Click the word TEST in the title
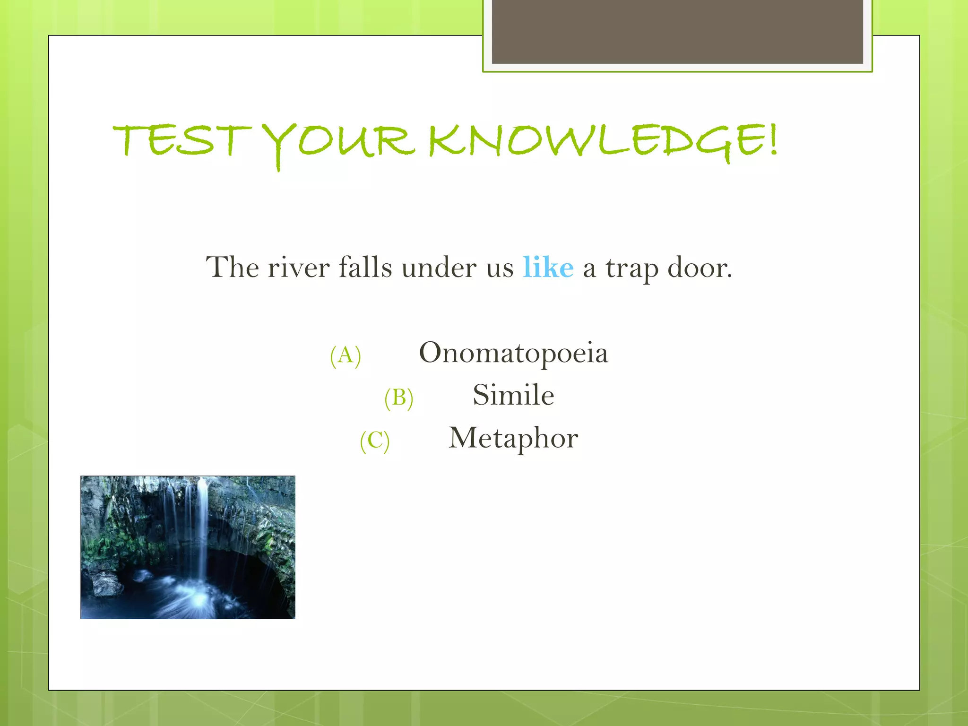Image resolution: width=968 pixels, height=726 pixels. tap(182, 140)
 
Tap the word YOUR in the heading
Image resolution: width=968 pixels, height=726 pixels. tap(338, 142)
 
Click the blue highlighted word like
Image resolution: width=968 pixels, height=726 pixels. tap(548, 268)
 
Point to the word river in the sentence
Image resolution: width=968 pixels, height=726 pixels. tap(298, 268)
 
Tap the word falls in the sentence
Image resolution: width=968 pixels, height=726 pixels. tap(365, 268)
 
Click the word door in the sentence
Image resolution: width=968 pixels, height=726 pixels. tap(699, 268)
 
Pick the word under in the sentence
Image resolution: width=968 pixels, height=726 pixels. tap(439, 268)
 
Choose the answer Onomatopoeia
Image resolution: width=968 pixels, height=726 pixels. tap(513, 353)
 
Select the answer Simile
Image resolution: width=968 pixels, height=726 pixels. tap(513, 395)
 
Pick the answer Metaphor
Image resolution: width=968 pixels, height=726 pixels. tap(513, 438)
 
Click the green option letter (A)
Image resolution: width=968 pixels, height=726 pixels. tap(346, 355)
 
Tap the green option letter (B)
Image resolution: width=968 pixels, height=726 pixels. tap(398, 398)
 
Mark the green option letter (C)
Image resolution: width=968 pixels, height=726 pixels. tap(374, 441)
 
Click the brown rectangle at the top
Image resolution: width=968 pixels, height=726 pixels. tap(677, 31)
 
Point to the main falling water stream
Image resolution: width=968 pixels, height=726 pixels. tap(202, 529)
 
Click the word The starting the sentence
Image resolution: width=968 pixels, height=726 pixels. tap(232, 268)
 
